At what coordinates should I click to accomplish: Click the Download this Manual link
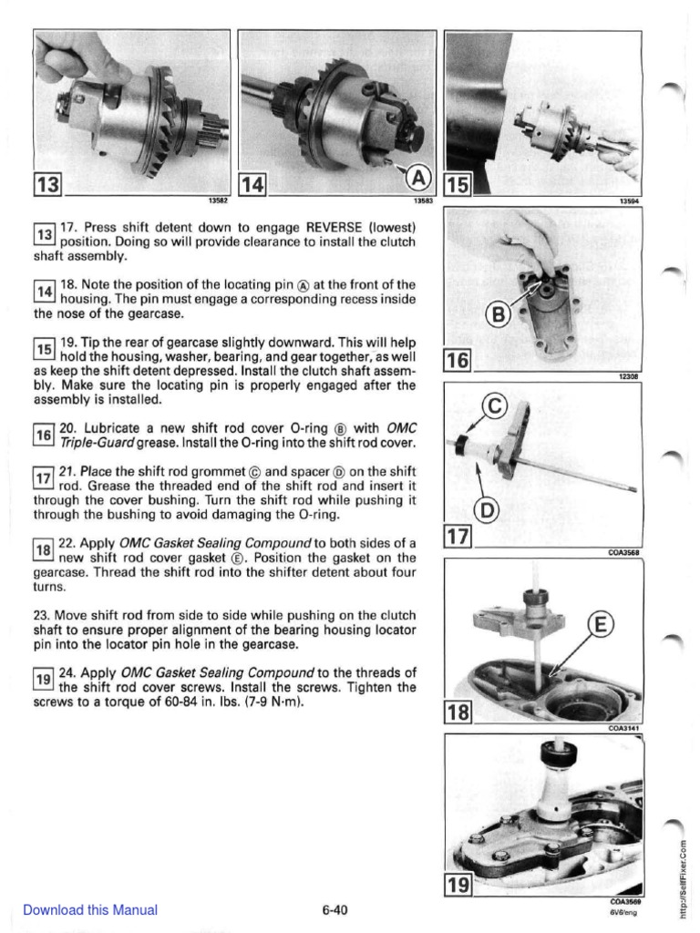tap(89, 909)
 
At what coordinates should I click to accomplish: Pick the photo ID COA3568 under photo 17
tap(624, 551)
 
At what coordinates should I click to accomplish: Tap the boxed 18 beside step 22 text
tap(45, 549)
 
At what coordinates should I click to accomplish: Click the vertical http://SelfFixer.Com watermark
tap(683, 866)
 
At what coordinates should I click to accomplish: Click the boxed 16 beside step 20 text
tap(45, 435)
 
